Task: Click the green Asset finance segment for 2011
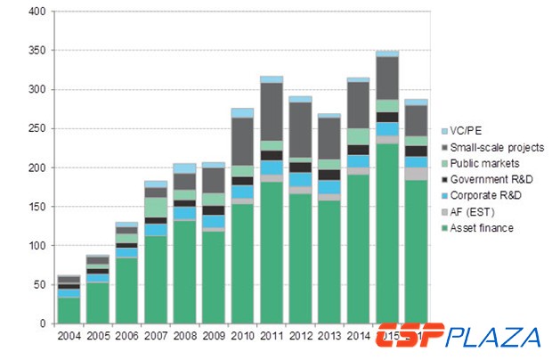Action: [272, 252]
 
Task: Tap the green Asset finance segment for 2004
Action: [69, 310]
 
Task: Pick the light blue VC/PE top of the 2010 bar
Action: [242, 113]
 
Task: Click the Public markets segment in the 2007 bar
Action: [156, 208]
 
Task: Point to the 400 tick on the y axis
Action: [37, 12]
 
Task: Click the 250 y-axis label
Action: [37, 129]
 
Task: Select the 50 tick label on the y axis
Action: [40, 284]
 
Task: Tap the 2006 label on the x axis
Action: [126, 336]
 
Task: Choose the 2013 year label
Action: [329, 336]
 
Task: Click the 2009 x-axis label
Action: [214, 336]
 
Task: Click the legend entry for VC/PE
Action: [475, 132]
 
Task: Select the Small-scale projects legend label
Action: [498, 148]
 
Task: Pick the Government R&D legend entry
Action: [495, 180]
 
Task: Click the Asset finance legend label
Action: [486, 228]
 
